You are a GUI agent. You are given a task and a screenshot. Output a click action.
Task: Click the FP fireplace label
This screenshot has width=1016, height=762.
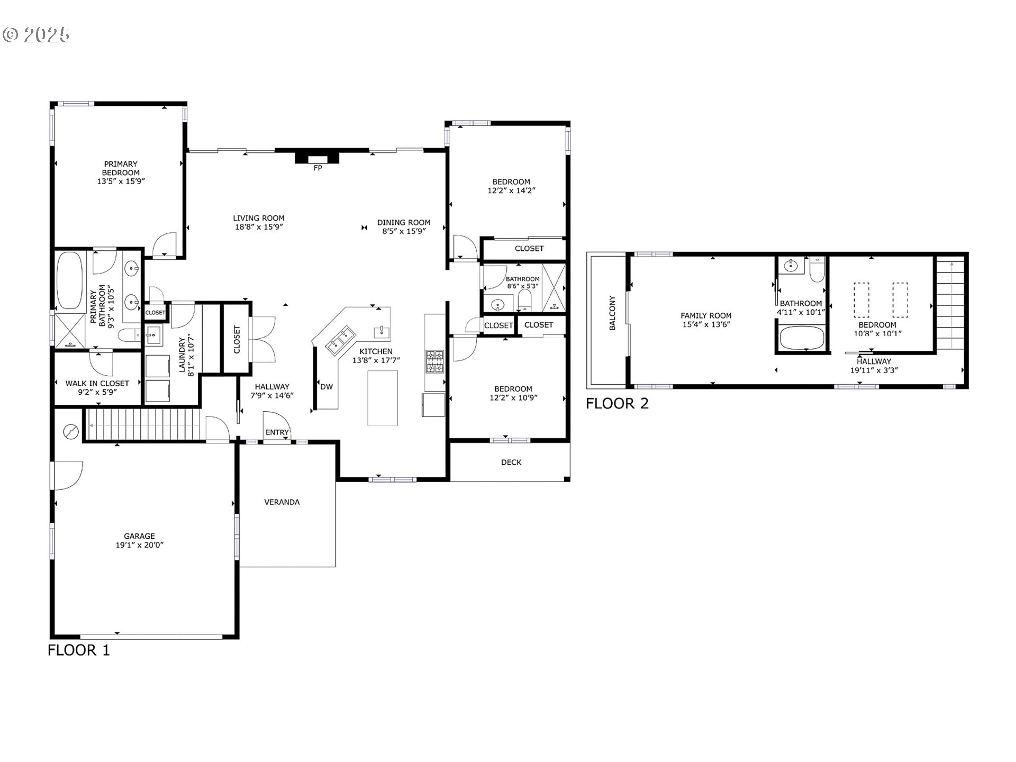click(x=317, y=168)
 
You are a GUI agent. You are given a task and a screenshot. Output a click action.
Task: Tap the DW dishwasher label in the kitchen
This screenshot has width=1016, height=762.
click(x=326, y=387)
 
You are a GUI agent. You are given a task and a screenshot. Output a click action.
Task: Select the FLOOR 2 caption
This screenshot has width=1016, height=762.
click(x=617, y=404)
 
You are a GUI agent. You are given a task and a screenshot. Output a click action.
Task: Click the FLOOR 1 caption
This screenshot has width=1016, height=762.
click(x=79, y=650)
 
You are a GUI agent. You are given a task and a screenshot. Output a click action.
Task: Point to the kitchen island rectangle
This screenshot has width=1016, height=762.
click(x=383, y=398)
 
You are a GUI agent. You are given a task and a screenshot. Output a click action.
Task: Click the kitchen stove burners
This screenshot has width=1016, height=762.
click(x=435, y=362)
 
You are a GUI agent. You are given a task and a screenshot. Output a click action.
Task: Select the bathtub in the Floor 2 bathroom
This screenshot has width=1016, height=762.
click(x=802, y=338)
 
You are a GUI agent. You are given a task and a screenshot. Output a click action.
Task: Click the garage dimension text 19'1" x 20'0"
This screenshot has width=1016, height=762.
click(x=140, y=545)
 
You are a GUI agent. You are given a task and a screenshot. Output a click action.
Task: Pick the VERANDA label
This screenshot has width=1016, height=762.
click(x=282, y=502)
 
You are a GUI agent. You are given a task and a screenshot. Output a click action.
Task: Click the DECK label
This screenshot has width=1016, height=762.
click(x=511, y=462)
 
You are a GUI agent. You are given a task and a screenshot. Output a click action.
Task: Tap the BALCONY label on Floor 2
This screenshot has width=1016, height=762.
click(x=612, y=313)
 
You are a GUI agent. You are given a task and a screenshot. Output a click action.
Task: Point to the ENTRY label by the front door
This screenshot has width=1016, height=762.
click(x=277, y=432)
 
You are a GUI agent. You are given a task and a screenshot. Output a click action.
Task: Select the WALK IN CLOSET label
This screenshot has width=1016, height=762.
click(x=97, y=383)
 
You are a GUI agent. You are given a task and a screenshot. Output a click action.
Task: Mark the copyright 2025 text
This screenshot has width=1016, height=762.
click(x=36, y=35)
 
